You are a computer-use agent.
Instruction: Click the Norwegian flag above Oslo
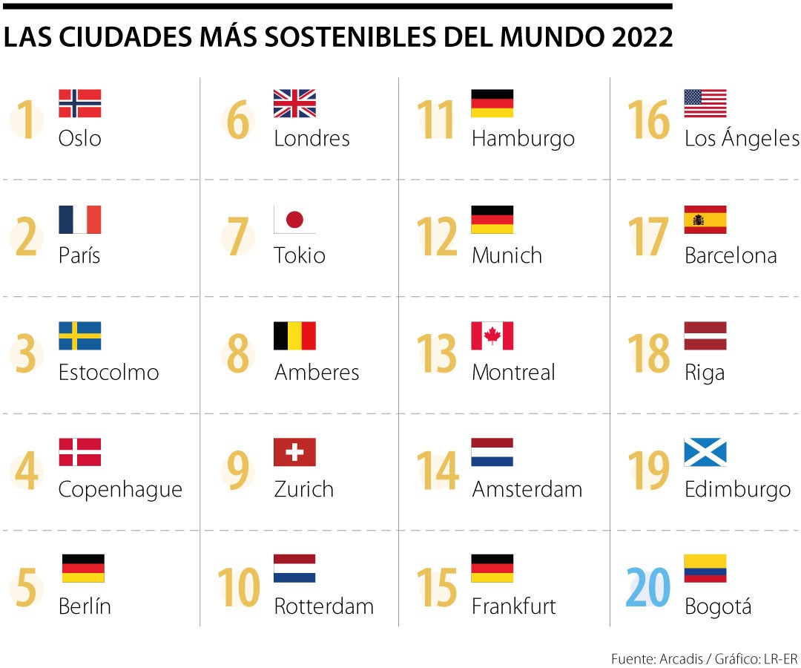tap(79, 103)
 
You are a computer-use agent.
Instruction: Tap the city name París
tap(79, 255)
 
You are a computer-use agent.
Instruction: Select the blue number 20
tap(648, 587)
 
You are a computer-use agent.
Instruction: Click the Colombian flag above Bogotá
tap(705, 568)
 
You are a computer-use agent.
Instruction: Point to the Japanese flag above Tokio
tap(294, 220)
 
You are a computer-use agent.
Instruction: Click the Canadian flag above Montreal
tap(492, 335)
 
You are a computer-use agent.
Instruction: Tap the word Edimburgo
tap(737, 489)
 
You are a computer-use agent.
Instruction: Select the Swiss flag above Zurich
tap(294, 452)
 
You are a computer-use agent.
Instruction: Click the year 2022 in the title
tap(642, 38)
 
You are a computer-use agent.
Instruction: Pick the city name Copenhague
tap(120, 489)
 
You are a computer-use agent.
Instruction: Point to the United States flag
tap(705, 103)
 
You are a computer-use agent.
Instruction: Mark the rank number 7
tap(237, 237)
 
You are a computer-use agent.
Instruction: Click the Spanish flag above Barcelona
tap(705, 220)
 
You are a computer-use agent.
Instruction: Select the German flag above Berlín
tap(83, 568)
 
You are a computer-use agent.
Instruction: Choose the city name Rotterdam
tap(323, 606)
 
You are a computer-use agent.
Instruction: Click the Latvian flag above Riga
tap(705, 335)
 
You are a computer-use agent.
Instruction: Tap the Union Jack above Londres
tap(294, 103)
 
